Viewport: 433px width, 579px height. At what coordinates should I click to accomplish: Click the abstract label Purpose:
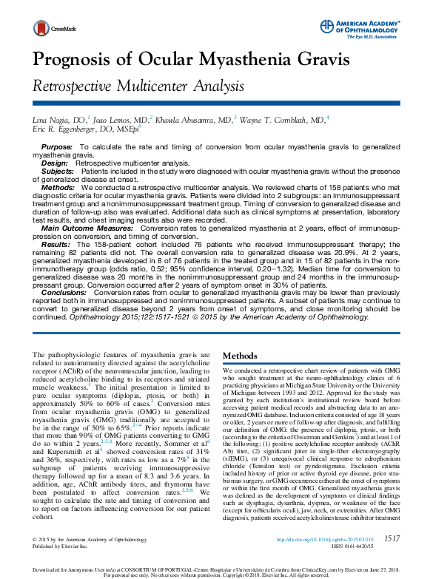57,148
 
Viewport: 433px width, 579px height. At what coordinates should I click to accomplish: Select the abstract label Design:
54,162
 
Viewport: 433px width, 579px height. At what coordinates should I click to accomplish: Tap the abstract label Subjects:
58,169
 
